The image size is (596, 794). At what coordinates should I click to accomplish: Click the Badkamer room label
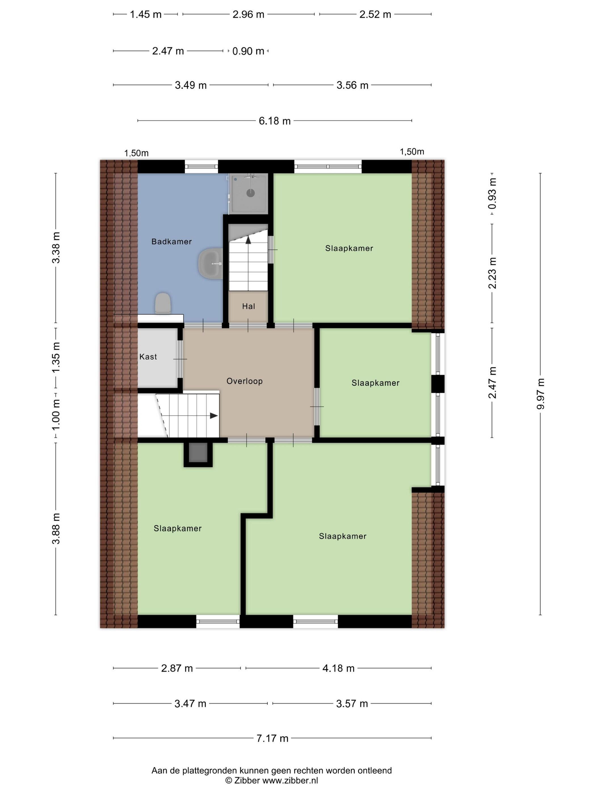[171, 242]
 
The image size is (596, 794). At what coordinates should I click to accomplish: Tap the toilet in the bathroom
[162, 303]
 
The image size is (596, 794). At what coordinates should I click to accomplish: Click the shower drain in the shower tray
[250, 193]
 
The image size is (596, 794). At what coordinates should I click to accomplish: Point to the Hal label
[249, 306]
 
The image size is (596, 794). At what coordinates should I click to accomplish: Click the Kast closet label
[148, 357]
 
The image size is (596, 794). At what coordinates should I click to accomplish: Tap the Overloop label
[244, 381]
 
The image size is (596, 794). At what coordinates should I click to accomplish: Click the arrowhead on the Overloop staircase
[214, 416]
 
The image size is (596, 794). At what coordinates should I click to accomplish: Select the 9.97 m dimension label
[541, 394]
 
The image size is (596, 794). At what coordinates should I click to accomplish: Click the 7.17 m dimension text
[272, 738]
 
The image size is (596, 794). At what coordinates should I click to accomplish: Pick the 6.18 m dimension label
[274, 121]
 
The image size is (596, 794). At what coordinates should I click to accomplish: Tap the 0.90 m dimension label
[248, 51]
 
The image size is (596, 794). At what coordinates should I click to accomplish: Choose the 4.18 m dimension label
[338, 668]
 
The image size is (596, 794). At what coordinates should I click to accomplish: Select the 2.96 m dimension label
[248, 15]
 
